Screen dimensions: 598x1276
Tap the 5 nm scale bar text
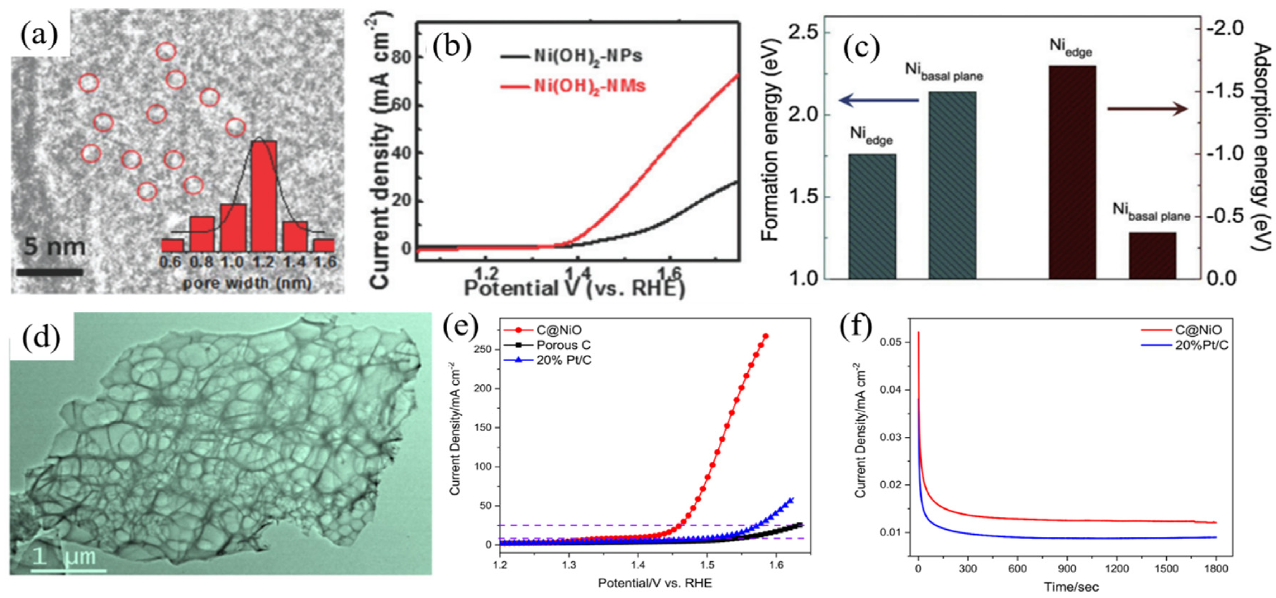coord(54,246)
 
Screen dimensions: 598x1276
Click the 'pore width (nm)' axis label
coord(247,283)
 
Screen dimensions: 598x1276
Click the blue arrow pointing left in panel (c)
coord(879,101)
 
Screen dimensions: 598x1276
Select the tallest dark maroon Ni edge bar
coord(1072,172)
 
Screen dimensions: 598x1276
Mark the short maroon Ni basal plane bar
coord(1152,255)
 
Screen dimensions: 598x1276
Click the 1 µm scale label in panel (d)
coord(65,557)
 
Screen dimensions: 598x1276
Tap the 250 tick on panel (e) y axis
coord(483,349)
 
